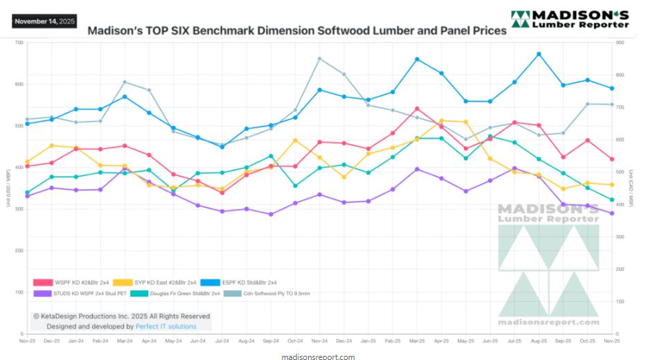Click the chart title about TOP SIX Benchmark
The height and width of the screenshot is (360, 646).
(x=297, y=31)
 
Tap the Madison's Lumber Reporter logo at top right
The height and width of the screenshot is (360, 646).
(x=569, y=19)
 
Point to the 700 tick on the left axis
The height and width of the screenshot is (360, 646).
(x=19, y=43)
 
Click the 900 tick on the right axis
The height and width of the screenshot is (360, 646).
(x=620, y=43)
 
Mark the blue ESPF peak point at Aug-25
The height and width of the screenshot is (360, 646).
(x=539, y=54)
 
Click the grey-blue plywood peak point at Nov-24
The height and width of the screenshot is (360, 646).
(x=319, y=59)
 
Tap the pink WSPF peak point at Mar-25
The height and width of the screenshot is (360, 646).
(x=417, y=109)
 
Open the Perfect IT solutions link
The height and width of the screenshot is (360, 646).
(x=166, y=326)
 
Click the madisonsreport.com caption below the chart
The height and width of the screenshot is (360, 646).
(x=319, y=357)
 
